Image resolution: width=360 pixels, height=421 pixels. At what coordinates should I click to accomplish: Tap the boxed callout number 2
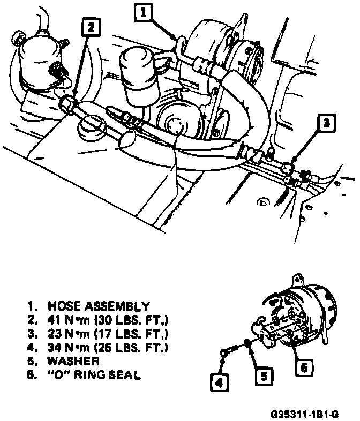tap(91, 26)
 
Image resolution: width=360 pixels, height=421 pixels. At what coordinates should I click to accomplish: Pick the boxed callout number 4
tap(219, 382)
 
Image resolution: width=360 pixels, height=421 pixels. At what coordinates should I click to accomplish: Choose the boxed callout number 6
tap(303, 367)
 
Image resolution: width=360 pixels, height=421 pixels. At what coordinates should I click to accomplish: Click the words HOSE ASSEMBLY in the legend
tap(99, 307)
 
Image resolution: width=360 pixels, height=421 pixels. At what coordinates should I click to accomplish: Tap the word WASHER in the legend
tap(73, 362)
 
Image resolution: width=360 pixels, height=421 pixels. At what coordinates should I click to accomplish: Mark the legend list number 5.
tap(33, 362)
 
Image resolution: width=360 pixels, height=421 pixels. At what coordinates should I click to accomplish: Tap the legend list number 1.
tap(33, 307)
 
